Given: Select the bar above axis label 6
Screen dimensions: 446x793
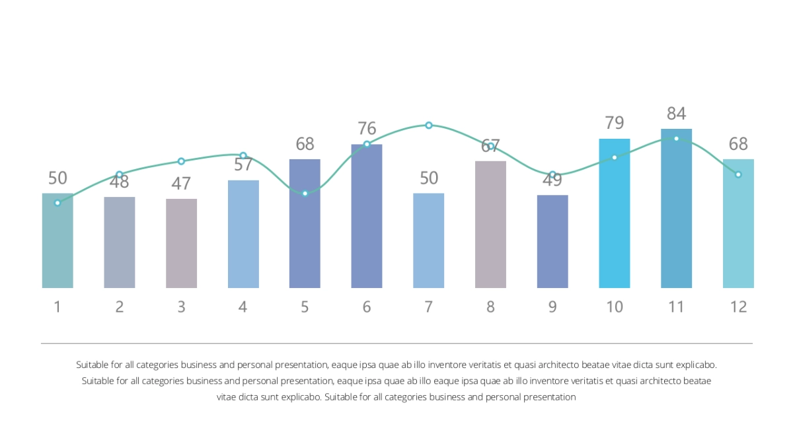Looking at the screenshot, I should click(367, 218).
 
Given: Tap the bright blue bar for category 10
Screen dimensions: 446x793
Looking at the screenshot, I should click(615, 215).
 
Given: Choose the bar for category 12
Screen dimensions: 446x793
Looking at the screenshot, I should click(738, 225).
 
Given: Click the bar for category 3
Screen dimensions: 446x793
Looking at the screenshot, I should click(181, 244).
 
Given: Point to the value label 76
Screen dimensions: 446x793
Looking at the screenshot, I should click(367, 128).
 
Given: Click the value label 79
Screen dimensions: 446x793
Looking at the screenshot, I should click(615, 123).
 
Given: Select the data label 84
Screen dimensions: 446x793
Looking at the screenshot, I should click(676, 113).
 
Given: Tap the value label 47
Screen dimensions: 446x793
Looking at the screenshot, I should click(181, 183).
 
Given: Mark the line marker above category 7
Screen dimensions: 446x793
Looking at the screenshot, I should click(428, 125).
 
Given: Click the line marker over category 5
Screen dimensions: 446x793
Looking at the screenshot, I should click(305, 193).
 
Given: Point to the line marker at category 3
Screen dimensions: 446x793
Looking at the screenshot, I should click(181, 161).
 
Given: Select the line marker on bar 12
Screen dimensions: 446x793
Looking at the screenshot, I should click(738, 174).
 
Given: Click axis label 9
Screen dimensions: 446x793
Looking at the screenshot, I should click(552, 307).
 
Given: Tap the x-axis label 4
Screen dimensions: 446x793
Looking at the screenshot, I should click(243, 307).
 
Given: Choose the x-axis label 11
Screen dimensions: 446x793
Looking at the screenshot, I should click(676, 307).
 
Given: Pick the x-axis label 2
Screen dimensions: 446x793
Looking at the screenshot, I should click(120, 307).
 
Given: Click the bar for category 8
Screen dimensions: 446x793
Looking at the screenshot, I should click(490, 225).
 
